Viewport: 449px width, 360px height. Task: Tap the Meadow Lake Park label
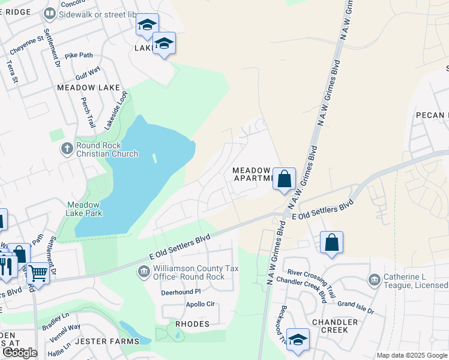[84, 209]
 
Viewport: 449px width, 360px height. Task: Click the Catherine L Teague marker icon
[374, 280]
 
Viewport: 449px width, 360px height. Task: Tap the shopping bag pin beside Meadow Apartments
[285, 179]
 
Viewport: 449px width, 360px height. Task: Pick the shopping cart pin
[38, 274]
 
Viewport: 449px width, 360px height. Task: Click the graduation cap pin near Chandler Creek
[298, 340]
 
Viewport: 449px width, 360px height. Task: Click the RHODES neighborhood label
[192, 324]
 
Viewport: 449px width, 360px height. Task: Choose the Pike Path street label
[79, 56]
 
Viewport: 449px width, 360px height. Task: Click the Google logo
[20, 353]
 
